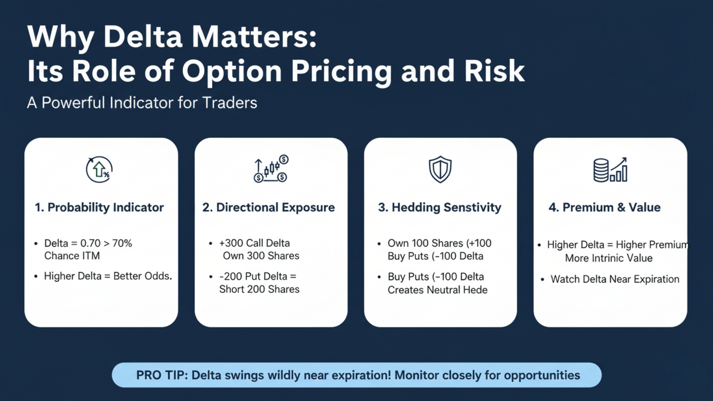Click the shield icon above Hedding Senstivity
pyautogui.click(x=440, y=169)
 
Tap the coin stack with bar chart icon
pyautogui.click(x=610, y=170)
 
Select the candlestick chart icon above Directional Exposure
pyautogui.click(x=271, y=169)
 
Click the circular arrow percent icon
pyautogui.click(x=99, y=169)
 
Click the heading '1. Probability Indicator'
pyautogui.click(x=99, y=207)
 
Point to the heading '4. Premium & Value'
pyautogui.click(x=605, y=207)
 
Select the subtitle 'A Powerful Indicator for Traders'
pyautogui.click(x=142, y=103)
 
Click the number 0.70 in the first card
pyautogui.click(x=90, y=243)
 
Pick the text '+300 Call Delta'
pyautogui.click(x=254, y=243)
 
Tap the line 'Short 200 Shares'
pyautogui.click(x=259, y=289)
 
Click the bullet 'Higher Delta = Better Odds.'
pyautogui.click(x=108, y=276)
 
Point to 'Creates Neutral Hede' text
pyautogui.click(x=437, y=290)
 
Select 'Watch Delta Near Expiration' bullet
pyautogui.click(x=615, y=279)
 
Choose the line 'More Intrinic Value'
pyautogui.click(x=609, y=258)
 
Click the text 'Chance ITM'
pyautogui.click(x=72, y=256)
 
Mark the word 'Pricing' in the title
pyautogui.click(x=341, y=71)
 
